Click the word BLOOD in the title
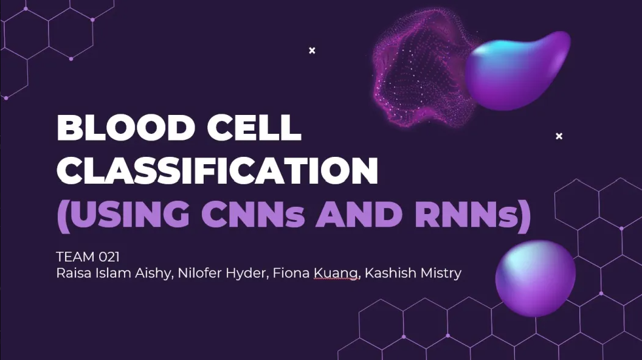coord(126,127)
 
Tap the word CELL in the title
coord(254,127)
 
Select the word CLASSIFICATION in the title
coord(218,170)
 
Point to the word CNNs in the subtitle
coord(253,214)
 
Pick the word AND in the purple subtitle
coord(359,214)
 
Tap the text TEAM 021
coord(88,257)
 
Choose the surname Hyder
coord(247,274)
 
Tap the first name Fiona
coord(291,273)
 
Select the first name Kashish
coord(387,273)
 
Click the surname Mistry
coord(437,274)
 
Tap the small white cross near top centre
coord(312,50)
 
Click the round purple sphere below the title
coord(535,279)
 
